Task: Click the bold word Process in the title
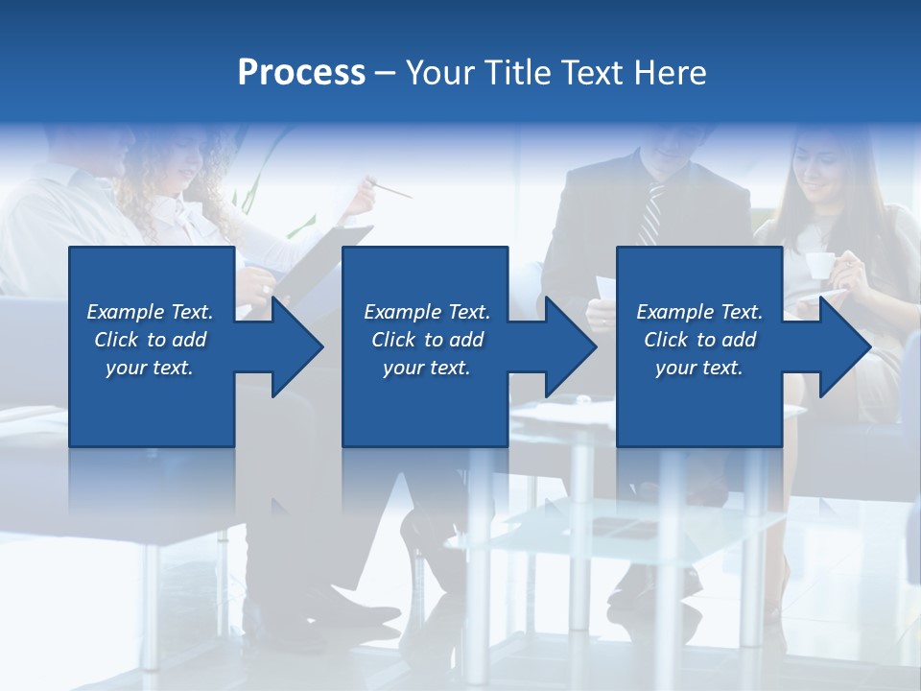pyautogui.click(x=301, y=72)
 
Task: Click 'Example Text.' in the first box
pyautogui.click(x=150, y=312)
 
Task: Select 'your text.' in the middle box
pyautogui.click(x=426, y=368)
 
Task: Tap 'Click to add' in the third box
pyautogui.click(x=699, y=340)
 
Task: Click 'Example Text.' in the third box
pyautogui.click(x=699, y=312)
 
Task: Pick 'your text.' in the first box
pyautogui.click(x=150, y=368)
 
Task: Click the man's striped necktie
pyautogui.click(x=651, y=213)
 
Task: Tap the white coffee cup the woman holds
pyautogui.click(x=818, y=266)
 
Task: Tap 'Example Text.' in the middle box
pyautogui.click(x=426, y=312)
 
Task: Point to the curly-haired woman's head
pyautogui.click(x=177, y=158)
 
